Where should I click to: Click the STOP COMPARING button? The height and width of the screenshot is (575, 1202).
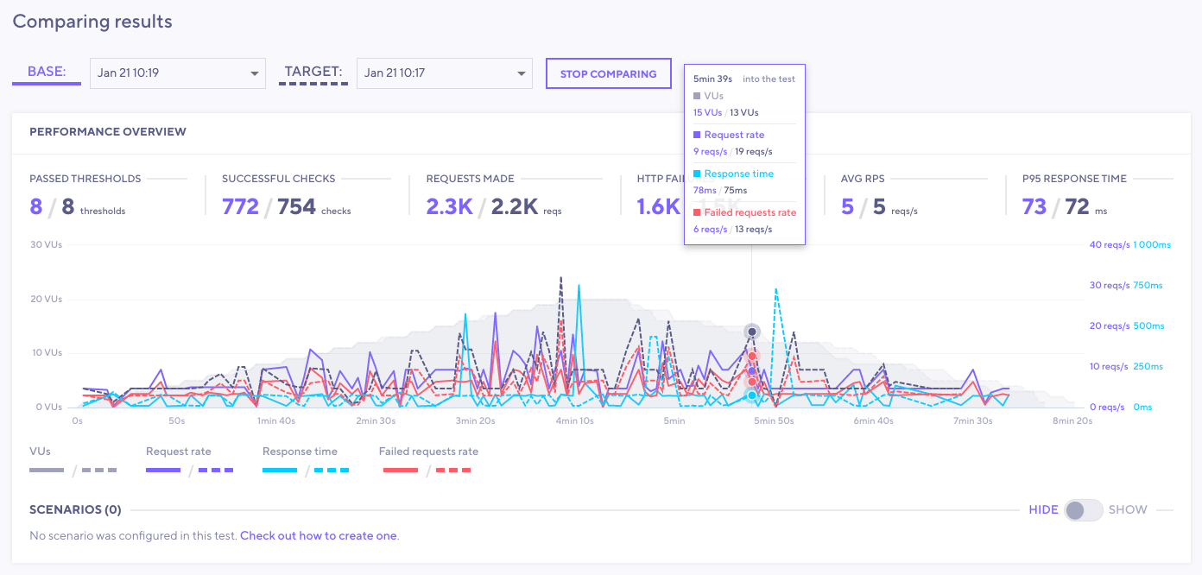tap(608, 73)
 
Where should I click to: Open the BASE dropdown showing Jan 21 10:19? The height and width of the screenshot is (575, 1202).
tap(178, 73)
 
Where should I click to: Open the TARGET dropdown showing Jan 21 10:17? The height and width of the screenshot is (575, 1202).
tap(444, 73)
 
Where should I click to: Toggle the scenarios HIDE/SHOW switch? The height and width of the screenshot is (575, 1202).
tap(1084, 509)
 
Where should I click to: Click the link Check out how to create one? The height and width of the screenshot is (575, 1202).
tap(318, 535)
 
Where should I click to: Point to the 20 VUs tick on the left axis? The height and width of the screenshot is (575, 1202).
tap(47, 299)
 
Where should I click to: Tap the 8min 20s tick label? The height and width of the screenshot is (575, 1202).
tap(1072, 421)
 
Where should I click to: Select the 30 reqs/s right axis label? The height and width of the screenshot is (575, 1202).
tap(1108, 285)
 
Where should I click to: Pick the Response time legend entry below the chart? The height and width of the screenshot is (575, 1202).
tap(300, 452)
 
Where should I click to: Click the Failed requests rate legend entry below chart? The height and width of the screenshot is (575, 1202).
tap(428, 452)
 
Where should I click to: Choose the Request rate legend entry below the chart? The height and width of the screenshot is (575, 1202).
tap(178, 452)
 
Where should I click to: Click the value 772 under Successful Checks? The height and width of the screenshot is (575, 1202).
tap(240, 206)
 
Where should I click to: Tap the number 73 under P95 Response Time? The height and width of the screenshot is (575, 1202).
tap(1033, 206)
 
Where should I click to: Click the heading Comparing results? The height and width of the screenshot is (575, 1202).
tap(92, 22)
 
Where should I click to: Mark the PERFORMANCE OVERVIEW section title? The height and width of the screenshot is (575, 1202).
tap(108, 132)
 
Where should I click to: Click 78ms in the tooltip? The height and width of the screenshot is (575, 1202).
tap(705, 190)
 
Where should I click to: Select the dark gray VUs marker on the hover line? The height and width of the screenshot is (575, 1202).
tap(752, 332)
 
